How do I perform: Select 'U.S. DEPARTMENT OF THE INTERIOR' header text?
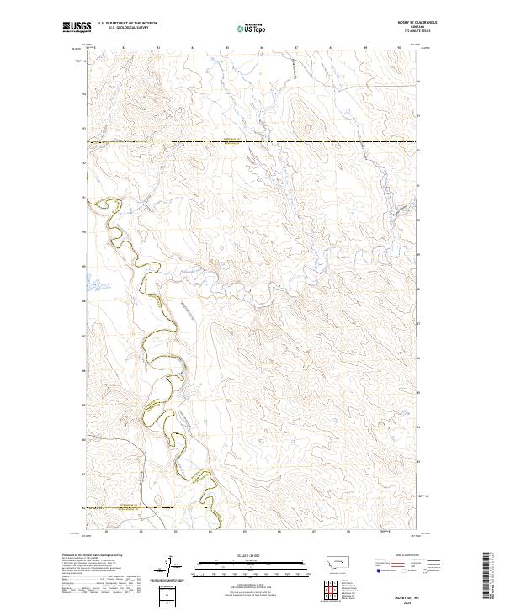coord(127,22)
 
